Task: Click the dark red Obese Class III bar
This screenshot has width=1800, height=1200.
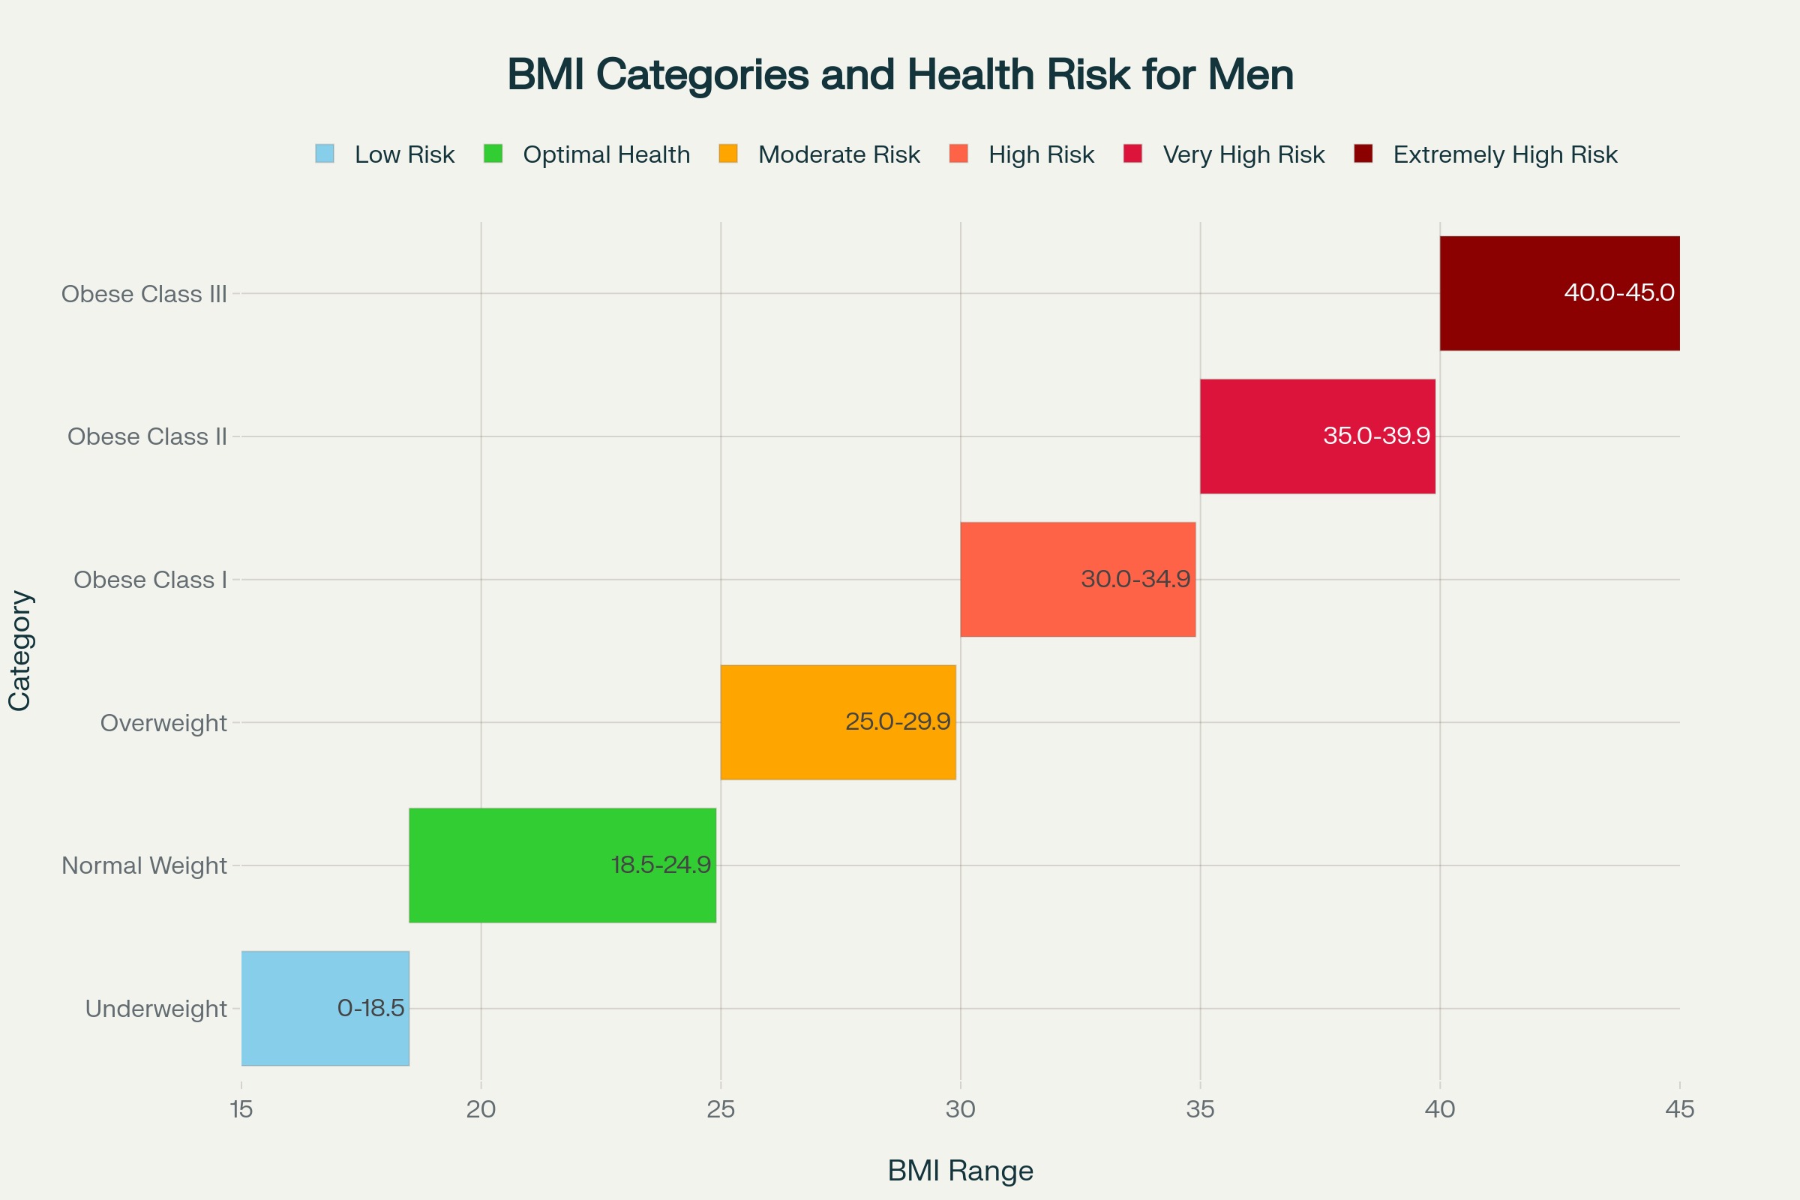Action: (x=1531, y=293)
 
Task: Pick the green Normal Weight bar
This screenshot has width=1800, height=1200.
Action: (x=535, y=865)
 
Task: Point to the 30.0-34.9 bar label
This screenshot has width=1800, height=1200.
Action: (x=1135, y=578)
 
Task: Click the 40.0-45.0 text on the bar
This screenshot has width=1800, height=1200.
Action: (x=1618, y=292)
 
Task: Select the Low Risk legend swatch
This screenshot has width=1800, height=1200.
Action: (x=325, y=154)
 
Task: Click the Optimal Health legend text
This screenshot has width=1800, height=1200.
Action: (x=606, y=154)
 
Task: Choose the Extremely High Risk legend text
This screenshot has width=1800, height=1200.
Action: (x=1504, y=154)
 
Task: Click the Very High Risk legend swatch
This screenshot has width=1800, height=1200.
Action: (x=1132, y=154)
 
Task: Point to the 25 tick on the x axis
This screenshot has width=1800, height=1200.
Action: (x=721, y=1109)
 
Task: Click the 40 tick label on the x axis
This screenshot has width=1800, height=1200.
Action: (x=1439, y=1109)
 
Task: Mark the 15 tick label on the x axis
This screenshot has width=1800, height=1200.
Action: (x=241, y=1109)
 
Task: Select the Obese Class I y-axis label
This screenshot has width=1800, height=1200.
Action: (x=150, y=579)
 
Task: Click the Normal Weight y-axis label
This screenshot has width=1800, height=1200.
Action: (x=144, y=865)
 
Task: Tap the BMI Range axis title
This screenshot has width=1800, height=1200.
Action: (x=960, y=1171)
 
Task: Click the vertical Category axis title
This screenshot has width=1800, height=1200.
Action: (x=20, y=650)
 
